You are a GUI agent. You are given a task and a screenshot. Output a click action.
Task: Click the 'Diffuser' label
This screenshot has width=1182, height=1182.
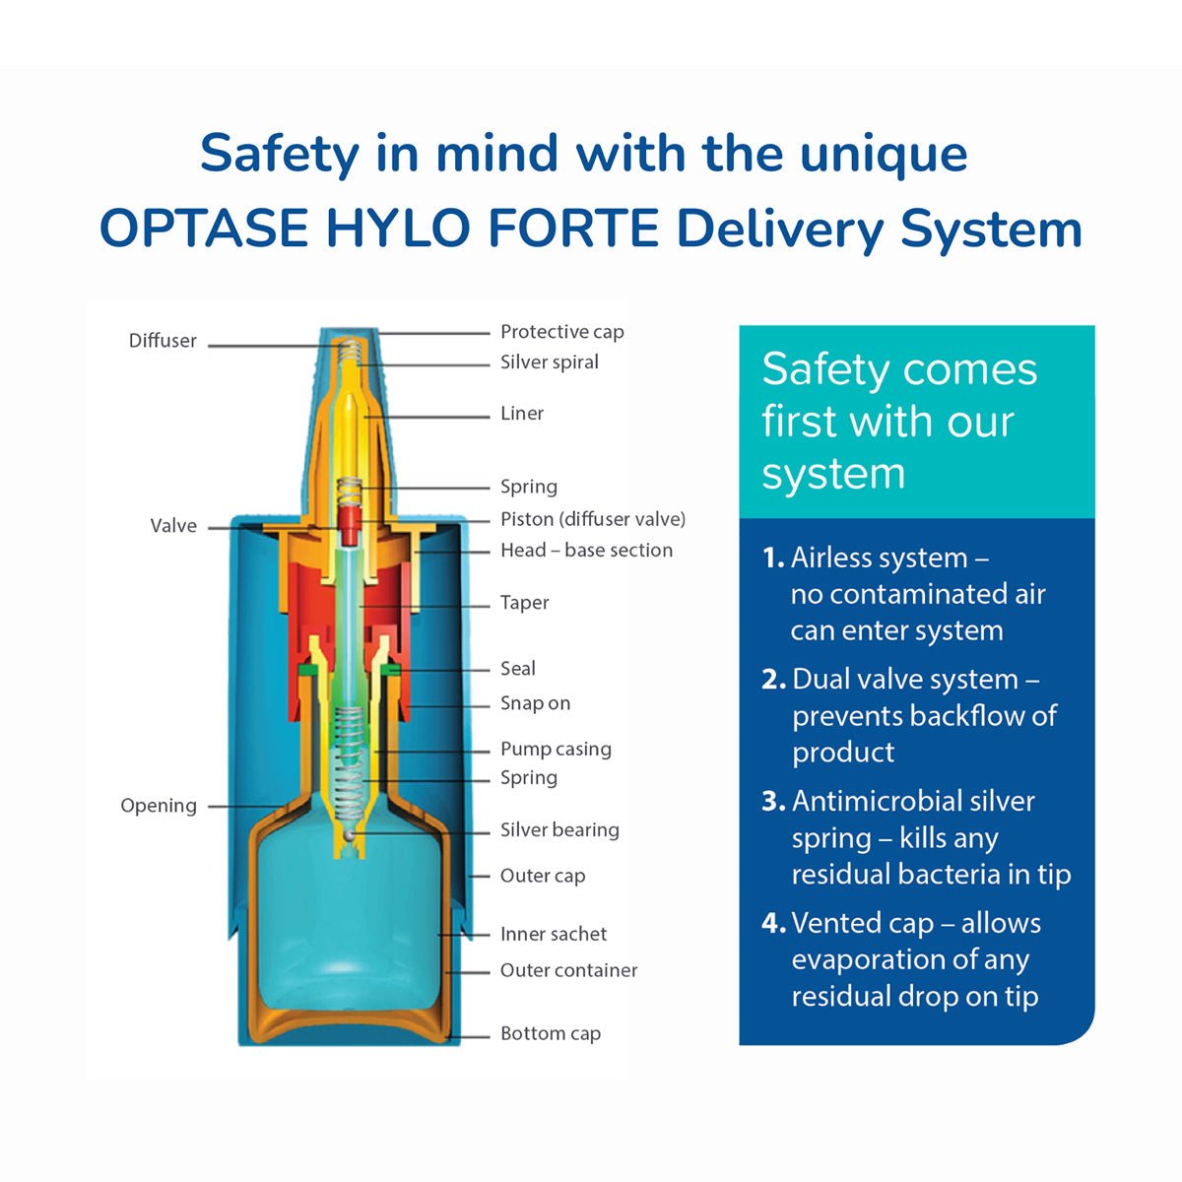coord(163,341)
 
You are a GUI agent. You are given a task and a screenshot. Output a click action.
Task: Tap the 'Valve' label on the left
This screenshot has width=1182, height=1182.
coord(173,526)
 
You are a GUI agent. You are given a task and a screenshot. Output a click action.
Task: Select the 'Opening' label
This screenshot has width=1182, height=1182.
coord(159,806)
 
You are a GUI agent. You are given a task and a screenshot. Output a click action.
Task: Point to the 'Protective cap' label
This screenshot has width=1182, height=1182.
coord(561,332)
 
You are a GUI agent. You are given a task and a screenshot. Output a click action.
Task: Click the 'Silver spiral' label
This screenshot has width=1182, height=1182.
coord(549,362)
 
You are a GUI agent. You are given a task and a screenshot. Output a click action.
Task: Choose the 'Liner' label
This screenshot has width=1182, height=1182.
coord(521,414)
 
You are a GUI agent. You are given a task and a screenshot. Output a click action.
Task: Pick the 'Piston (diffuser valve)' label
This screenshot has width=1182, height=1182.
coord(592,519)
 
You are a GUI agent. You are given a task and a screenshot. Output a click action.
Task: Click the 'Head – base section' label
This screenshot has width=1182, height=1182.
coord(586,551)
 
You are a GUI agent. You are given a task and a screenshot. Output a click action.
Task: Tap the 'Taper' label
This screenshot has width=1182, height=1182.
coord(524,603)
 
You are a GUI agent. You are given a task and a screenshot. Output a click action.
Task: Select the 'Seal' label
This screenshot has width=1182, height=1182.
coord(517,669)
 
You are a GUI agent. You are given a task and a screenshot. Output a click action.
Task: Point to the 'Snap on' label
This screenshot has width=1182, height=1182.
coord(535,703)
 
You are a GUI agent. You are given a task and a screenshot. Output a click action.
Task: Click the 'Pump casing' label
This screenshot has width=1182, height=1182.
coord(556,750)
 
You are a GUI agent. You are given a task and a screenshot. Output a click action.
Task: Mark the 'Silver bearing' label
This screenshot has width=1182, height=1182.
coord(559,830)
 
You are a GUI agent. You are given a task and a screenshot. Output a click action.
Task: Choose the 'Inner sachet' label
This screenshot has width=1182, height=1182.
coord(553,934)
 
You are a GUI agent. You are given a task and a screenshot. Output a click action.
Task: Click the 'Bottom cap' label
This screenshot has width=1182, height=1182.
coord(550,1034)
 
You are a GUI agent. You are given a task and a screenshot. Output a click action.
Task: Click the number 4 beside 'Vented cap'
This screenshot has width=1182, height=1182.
coord(772,924)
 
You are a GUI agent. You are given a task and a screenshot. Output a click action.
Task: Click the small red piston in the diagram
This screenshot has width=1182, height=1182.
coord(348,525)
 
